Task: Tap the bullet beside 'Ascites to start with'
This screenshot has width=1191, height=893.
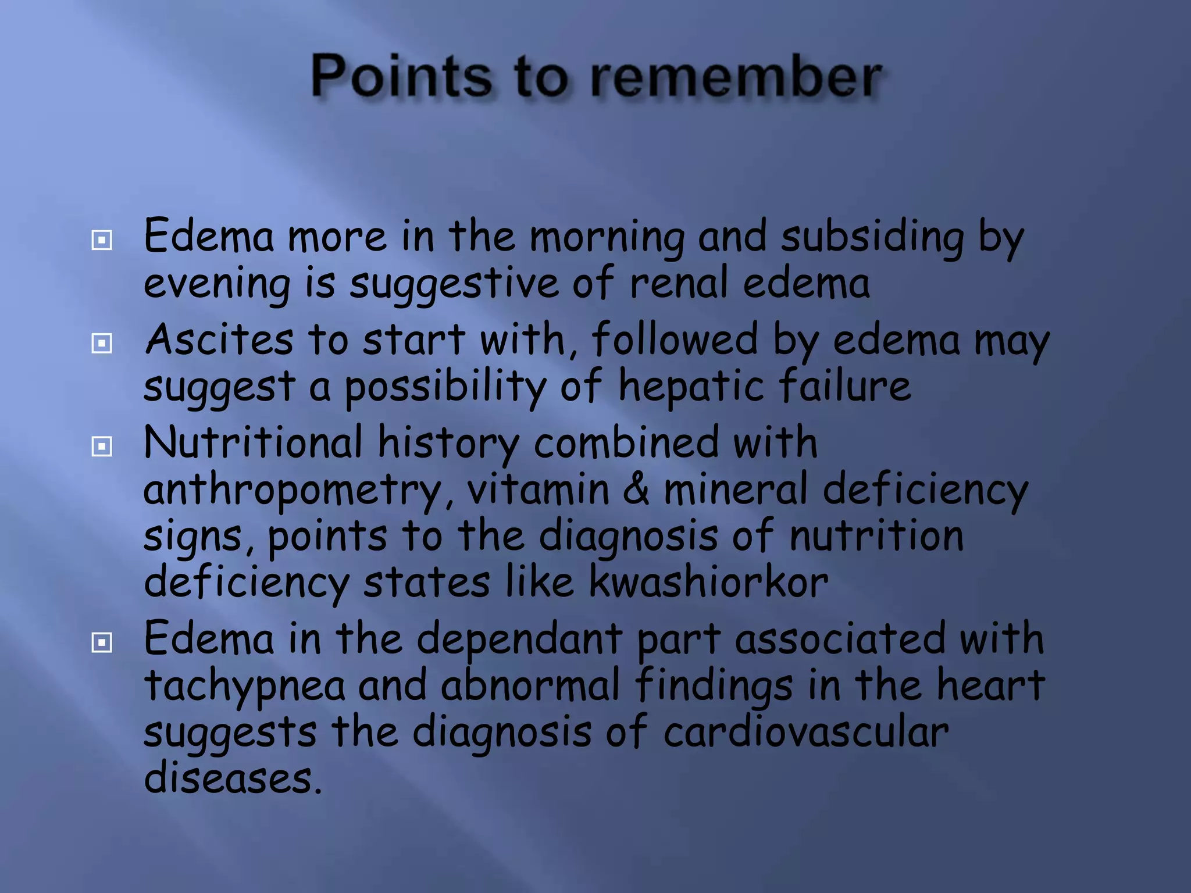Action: (x=102, y=343)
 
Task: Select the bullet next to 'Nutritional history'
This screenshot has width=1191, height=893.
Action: (x=102, y=446)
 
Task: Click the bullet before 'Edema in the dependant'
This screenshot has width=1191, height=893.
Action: (x=102, y=642)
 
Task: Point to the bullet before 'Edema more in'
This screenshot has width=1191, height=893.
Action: (x=102, y=240)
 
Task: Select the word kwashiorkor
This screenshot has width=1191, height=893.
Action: (x=708, y=582)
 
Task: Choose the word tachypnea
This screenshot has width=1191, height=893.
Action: (x=244, y=687)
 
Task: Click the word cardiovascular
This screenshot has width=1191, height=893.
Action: (x=805, y=732)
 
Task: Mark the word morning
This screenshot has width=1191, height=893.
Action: (x=607, y=238)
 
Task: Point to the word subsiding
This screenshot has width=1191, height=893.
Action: (x=872, y=238)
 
